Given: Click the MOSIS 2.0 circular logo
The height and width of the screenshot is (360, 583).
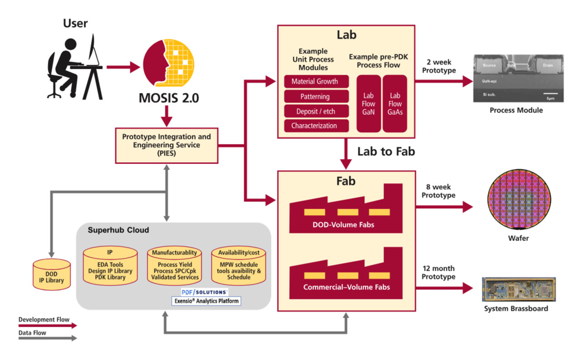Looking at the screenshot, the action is [169, 63].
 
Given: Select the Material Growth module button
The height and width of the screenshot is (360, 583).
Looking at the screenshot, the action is [316, 82].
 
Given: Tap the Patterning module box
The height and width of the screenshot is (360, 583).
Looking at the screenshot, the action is [316, 97].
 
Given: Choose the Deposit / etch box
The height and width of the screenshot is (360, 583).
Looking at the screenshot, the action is [316, 111].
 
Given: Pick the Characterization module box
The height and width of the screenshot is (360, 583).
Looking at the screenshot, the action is [316, 126].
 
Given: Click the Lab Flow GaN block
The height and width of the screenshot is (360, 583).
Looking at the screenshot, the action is [368, 104].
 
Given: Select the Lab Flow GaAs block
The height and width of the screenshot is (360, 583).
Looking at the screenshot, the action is [395, 104].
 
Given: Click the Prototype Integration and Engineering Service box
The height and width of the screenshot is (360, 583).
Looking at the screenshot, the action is [167, 146].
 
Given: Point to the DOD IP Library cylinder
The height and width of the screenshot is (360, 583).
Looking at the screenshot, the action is [51, 274].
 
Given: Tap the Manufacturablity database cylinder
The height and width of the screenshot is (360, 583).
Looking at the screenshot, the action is [174, 265].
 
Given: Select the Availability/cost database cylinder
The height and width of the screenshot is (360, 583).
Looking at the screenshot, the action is [239, 265].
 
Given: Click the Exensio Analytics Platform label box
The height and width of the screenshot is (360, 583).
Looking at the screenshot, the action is [206, 301].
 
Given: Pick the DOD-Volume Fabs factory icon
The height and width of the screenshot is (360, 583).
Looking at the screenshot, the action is [346, 208].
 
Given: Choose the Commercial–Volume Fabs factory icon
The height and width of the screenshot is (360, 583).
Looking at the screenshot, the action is [346, 273].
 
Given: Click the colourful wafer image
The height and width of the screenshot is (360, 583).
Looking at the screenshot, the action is [519, 200].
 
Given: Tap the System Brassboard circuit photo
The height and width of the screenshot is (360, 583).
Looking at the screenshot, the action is [519, 289].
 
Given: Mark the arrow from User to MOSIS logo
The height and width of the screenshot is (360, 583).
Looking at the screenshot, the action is [123, 67].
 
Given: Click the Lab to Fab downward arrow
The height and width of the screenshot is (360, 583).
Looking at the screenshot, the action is [346, 154].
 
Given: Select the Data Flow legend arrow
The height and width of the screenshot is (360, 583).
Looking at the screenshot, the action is [48, 338].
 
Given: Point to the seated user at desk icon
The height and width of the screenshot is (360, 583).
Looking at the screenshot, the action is [75, 67].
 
